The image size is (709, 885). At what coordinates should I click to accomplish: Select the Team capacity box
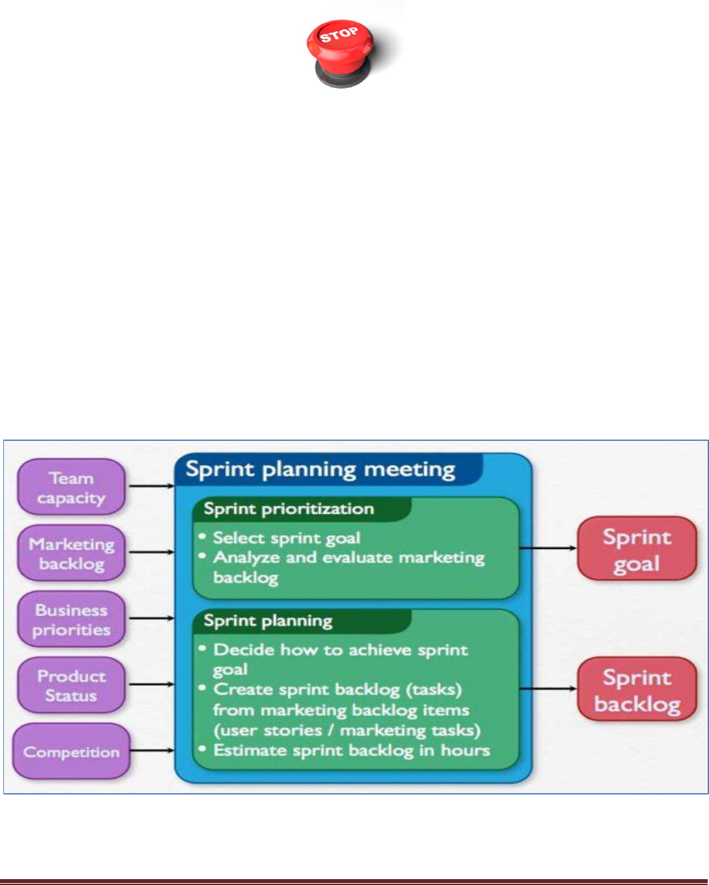71,488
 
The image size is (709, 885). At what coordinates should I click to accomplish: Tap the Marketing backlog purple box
71,554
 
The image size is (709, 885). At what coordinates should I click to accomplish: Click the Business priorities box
71,619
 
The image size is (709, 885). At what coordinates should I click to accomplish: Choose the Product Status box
71,686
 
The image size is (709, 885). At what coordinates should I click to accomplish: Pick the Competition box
71,752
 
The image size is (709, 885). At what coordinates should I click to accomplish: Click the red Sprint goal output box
637,549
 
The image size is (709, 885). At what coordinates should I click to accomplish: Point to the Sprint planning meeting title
320,470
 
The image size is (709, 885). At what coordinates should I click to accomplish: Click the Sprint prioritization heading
289,509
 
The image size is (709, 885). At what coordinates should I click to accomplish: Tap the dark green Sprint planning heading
268,621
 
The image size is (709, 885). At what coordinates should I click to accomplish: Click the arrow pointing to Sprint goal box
548,548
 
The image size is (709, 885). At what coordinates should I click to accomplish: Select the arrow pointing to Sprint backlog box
548,688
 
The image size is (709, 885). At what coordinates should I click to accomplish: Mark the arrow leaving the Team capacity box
151,486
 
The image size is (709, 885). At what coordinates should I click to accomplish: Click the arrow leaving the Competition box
151,751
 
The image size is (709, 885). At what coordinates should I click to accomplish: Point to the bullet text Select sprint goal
287,538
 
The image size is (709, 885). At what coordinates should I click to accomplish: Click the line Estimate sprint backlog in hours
351,750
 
